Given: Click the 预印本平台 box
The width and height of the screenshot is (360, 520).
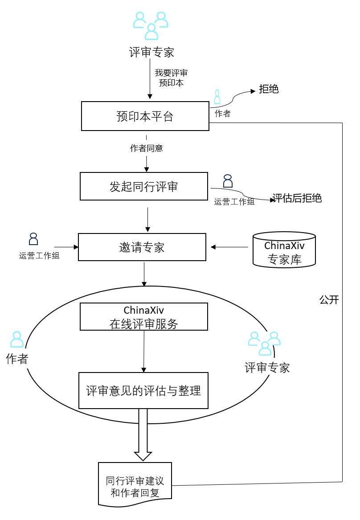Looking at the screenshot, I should (x=145, y=116).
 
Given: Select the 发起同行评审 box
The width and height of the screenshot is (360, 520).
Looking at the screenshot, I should (x=143, y=186).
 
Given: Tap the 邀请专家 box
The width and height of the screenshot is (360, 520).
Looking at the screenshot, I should (x=142, y=247).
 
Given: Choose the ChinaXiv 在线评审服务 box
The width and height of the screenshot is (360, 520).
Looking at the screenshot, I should (x=143, y=316).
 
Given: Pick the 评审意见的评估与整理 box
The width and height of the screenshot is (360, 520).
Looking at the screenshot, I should (x=143, y=391).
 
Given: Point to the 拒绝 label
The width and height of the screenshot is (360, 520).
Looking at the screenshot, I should (x=269, y=89).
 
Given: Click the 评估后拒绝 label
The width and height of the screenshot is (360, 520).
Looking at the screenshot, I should (x=297, y=198).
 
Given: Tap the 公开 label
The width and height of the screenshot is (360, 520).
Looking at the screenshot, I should (x=329, y=300).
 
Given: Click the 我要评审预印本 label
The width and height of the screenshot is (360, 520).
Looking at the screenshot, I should (x=171, y=78).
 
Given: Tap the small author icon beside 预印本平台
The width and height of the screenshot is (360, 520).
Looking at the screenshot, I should (x=217, y=97).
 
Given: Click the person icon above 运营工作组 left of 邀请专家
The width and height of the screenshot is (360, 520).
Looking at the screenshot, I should (x=33, y=239).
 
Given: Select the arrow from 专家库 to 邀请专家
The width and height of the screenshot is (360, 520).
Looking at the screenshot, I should (x=229, y=247).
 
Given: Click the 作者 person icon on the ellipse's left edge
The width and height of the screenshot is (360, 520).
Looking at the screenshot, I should (x=17, y=340).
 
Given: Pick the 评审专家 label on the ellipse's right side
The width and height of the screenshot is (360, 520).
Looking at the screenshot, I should (x=267, y=368).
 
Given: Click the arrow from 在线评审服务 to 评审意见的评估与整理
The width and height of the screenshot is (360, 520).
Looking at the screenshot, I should (x=144, y=351).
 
